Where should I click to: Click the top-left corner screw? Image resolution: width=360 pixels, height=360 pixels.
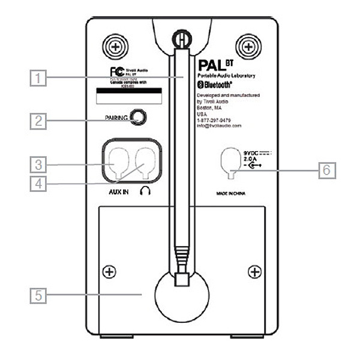(x=113, y=45)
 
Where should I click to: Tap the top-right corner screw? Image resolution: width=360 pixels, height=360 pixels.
(x=247, y=45)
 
